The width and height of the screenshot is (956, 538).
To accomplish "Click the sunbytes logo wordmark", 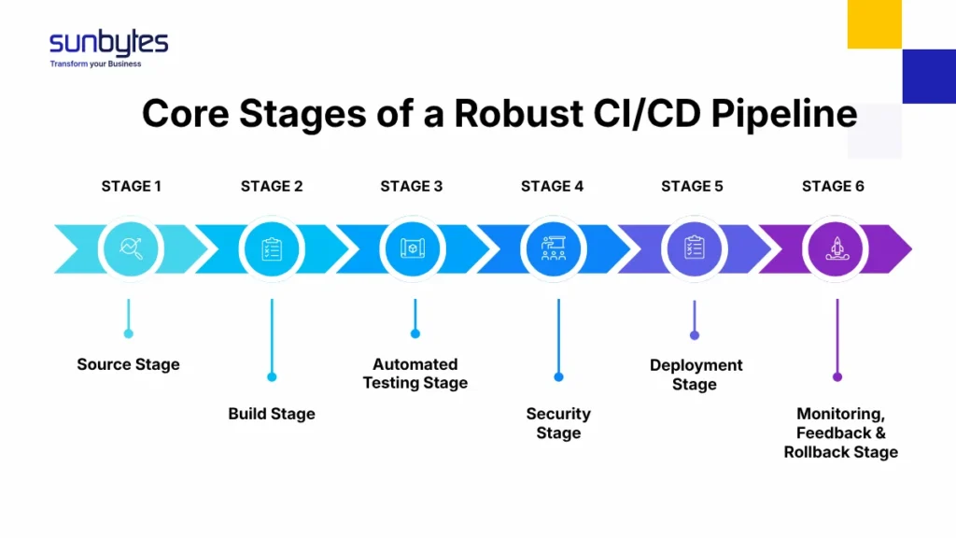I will click(108, 42).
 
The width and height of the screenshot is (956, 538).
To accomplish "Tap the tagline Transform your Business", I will click(95, 64).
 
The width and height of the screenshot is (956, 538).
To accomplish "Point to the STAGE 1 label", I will click(131, 186).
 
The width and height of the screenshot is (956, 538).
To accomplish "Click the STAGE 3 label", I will click(412, 186).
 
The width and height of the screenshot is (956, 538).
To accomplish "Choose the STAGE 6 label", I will click(833, 186).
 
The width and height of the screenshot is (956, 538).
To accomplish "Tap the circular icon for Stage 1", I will click(131, 248).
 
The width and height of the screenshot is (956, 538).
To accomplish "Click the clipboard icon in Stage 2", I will click(272, 248).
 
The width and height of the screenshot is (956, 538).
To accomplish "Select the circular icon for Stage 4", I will click(554, 248).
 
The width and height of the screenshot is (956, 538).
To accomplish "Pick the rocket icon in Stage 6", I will click(836, 248).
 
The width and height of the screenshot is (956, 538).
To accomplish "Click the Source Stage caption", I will click(128, 364).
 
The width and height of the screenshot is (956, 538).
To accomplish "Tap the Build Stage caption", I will click(272, 414).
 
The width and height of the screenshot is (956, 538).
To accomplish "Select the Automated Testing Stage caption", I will click(415, 374).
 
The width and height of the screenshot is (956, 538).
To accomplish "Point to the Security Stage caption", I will click(558, 423).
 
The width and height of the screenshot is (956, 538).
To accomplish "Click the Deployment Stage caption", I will click(696, 375).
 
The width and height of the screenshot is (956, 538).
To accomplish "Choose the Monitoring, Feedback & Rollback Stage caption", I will click(840, 432).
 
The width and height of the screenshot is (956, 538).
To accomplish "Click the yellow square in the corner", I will click(874, 24).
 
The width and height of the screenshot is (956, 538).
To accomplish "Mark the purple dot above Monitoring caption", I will click(837, 377).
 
